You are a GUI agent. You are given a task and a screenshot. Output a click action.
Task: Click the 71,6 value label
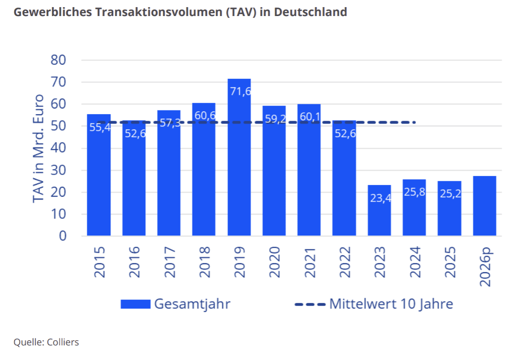coord(240,91)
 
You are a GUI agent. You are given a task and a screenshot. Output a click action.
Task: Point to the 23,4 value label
coord(380,198)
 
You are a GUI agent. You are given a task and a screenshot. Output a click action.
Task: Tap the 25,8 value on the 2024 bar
coord(414,192)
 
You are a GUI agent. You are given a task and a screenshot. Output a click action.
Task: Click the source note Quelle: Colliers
coord(46,342)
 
